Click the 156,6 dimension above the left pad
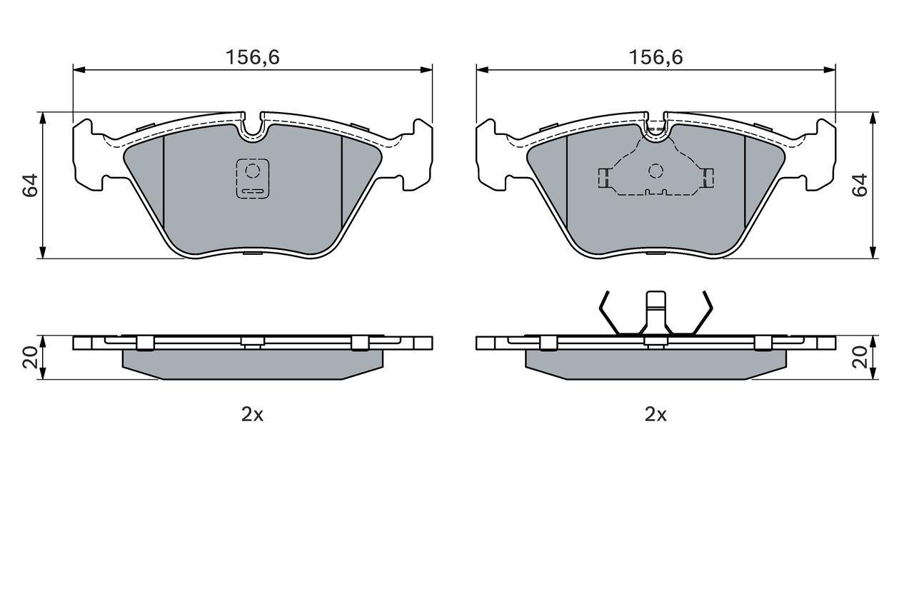coord(253,58)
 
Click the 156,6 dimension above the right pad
coord(656,58)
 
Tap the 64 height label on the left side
coord(30,186)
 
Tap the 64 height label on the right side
coord(860,186)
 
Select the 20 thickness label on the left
coord(30,357)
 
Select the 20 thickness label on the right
coord(860,357)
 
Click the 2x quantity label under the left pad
coord(252,416)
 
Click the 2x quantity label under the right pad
coord(656,416)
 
